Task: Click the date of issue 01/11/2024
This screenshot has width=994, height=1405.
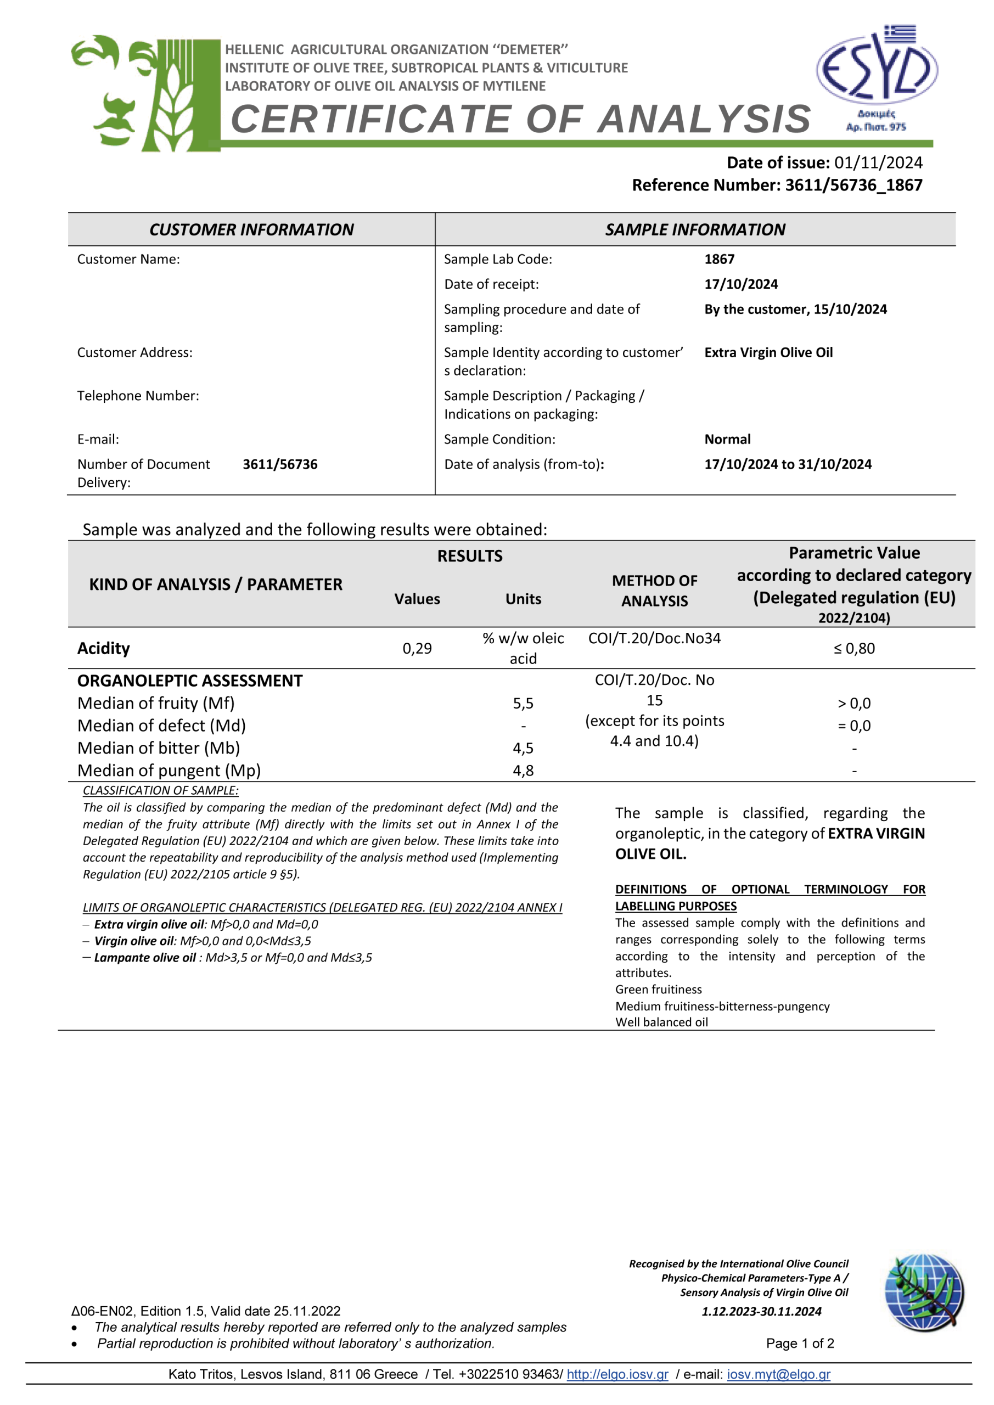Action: pyautogui.click(x=878, y=163)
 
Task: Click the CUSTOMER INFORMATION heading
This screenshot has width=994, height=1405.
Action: pyautogui.click(x=251, y=230)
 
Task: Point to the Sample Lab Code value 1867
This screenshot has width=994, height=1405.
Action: pyautogui.click(x=719, y=260)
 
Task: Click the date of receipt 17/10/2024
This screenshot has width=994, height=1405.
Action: pyautogui.click(x=740, y=284)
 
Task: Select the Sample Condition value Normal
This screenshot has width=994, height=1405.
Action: pyautogui.click(x=727, y=440)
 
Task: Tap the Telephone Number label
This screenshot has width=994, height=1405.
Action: pyautogui.click(x=138, y=396)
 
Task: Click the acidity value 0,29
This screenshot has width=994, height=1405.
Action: pyautogui.click(x=417, y=649)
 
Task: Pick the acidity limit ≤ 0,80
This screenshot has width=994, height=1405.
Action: pyautogui.click(x=854, y=649)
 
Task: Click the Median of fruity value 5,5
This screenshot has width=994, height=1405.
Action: pyautogui.click(x=523, y=704)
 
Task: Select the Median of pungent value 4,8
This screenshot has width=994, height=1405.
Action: pyautogui.click(x=523, y=771)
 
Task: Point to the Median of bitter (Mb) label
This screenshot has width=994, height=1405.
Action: pyautogui.click(x=159, y=749)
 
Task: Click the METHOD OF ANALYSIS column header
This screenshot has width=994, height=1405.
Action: pyautogui.click(x=654, y=591)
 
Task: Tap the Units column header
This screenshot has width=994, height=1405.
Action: pyautogui.click(x=523, y=599)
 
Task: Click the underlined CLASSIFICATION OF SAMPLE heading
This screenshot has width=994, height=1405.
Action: pyautogui.click(x=160, y=791)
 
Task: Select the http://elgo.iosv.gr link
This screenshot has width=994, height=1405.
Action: pyautogui.click(x=617, y=1374)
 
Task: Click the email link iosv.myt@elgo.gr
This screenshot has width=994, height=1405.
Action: pyautogui.click(x=778, y=1374)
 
